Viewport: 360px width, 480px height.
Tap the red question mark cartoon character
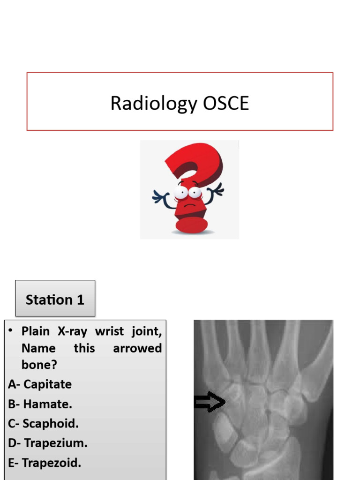coord(190,187)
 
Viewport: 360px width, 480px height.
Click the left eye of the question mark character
coord(180,192)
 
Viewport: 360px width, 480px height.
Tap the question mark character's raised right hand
coord(217,190)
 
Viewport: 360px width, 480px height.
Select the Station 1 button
coord(55,299)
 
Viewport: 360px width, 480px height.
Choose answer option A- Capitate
coord(40,384)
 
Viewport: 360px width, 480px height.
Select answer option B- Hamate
coord(40,404)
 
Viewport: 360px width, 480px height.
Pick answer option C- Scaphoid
coord(43,424)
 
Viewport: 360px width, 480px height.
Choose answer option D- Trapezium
coord(48,443)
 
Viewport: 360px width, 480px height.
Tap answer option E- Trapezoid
coord(45,463)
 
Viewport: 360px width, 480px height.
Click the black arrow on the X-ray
coord(209,402)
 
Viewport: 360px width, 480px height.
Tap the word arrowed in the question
coord(137,348)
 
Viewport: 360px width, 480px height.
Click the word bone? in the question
coord(39,365)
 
